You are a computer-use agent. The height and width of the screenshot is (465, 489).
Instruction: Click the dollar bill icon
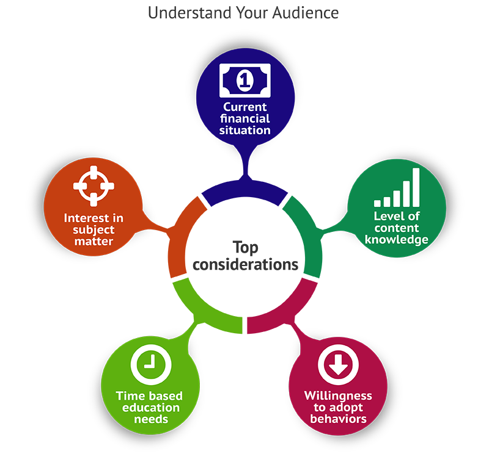pos(245,79)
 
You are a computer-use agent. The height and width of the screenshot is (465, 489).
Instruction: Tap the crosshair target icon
pos(94,186)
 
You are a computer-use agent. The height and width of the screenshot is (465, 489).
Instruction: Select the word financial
pos(245,119)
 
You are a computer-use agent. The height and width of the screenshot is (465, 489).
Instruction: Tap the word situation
pos(245,130)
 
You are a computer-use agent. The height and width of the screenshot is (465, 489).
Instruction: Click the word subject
pos(94,229)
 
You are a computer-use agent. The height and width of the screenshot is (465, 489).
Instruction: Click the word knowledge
pos(397,239)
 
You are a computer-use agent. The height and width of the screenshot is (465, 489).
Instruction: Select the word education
pos(150,408)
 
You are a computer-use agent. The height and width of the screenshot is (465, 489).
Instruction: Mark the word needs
pos(150,419)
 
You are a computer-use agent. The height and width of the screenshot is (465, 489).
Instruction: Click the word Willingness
pos(338,396)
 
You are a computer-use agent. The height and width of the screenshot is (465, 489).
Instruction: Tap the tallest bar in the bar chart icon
pos(416,187)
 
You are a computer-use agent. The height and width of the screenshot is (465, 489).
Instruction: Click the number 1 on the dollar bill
pos(245,79)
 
